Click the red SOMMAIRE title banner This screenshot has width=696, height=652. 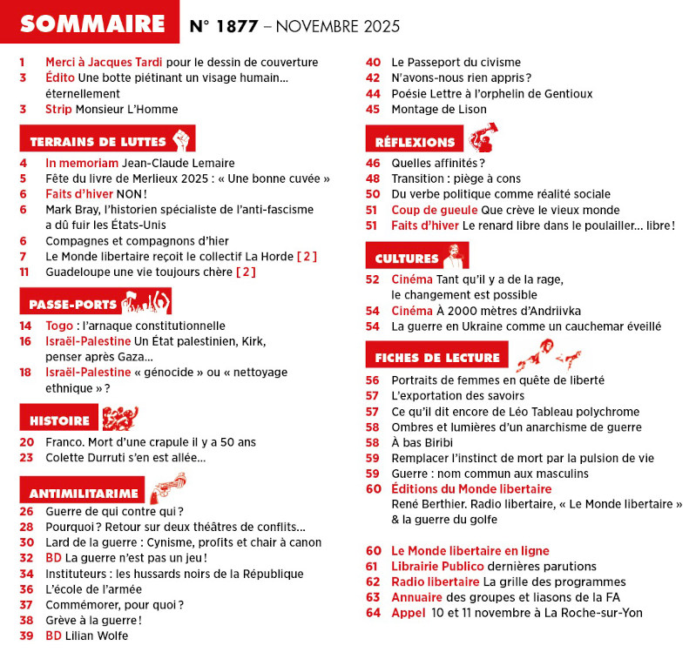[91, 24]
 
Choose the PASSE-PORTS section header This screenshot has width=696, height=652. [73, 304]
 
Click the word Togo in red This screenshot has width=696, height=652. [58, 326]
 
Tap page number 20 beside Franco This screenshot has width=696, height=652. [26, 442]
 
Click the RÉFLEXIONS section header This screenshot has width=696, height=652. [416, 141]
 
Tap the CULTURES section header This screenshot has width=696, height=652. [407, 258]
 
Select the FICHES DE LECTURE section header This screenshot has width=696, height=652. [437, 357]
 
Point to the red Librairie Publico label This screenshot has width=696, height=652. [439, 566]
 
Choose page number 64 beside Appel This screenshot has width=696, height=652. [374, 613]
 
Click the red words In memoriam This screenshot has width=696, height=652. [82, 162]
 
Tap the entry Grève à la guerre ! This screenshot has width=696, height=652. [93, 620]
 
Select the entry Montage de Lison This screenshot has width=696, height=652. [439, 110]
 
